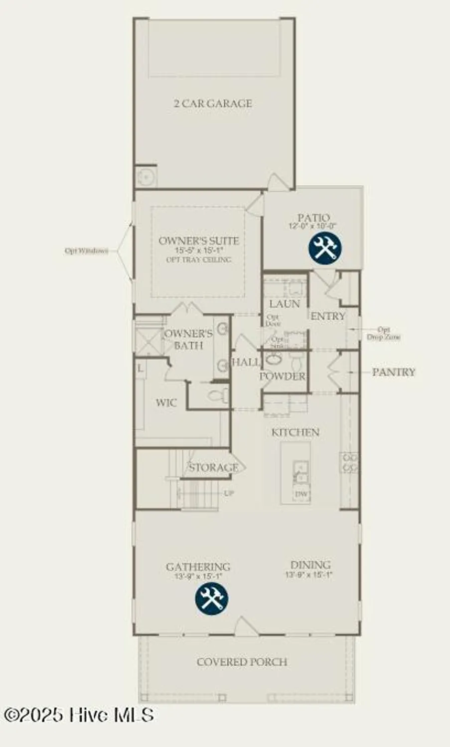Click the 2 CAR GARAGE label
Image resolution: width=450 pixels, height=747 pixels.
point(213,104)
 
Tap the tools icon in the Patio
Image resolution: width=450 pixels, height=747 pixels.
point(324,249)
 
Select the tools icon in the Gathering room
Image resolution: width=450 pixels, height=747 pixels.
point(212,598)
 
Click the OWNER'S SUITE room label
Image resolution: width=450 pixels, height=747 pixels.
point(198,241)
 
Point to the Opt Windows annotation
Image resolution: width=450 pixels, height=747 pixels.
point(86,250)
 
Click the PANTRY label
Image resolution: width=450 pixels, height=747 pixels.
point(394,372)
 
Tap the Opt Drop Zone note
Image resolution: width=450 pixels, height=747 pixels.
point(383,333)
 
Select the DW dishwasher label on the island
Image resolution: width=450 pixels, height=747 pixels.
point(301,494)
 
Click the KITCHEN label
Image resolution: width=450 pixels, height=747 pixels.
point(295,432)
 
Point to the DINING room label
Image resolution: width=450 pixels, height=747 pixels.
point(310,565)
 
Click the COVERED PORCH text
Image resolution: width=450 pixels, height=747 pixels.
point(242,662)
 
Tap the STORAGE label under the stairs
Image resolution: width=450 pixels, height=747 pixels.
point(213,468)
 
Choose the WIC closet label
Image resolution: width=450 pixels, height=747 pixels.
point(166,402)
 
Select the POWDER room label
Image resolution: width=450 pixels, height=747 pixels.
point(282,376)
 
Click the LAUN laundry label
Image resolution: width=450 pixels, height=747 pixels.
point(285,304)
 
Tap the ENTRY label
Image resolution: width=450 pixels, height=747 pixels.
point(327,316)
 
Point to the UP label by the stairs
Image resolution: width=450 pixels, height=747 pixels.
point(229,494)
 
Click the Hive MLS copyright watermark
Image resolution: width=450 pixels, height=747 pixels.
point(78,715)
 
